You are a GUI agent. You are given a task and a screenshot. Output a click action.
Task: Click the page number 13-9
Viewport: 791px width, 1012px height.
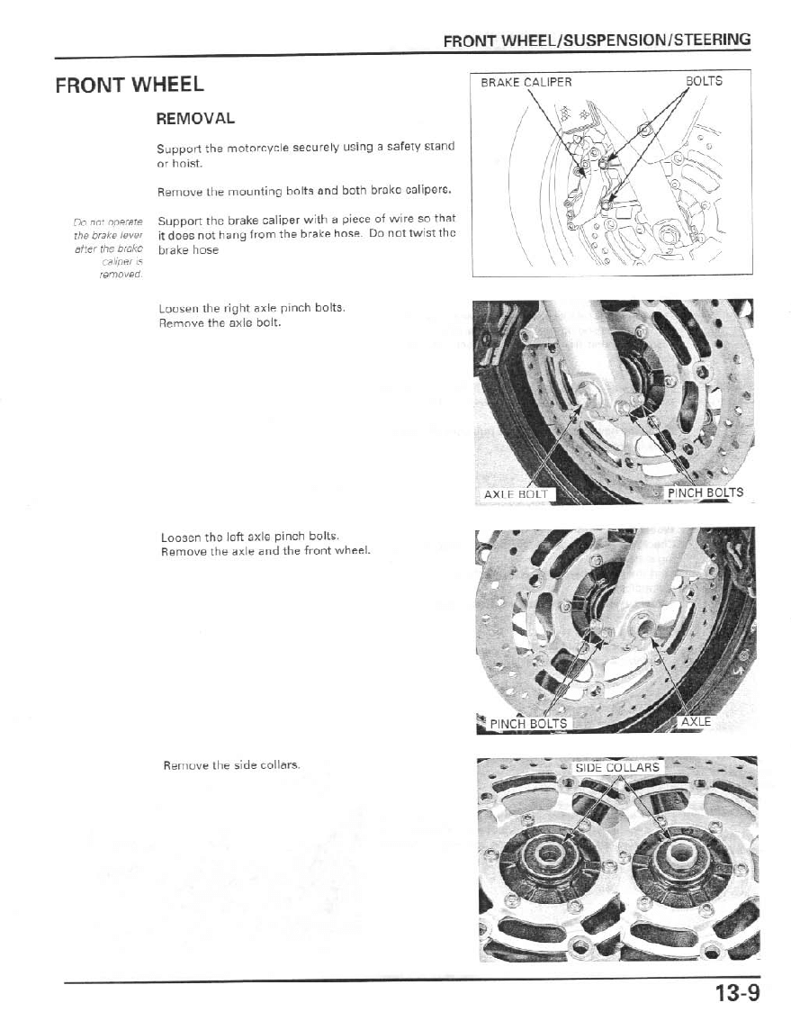coord(737,993)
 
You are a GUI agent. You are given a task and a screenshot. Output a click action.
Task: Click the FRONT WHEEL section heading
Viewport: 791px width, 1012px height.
coord(130,86)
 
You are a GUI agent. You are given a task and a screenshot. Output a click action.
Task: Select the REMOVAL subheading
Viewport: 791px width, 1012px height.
coord(195,119)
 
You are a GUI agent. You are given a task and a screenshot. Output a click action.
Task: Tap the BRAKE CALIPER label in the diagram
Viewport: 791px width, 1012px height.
coord(526,81)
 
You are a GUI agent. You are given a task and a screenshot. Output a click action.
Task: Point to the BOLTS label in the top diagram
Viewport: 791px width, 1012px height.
coord(704,80)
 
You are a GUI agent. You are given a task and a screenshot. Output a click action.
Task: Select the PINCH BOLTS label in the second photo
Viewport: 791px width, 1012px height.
coord(705,492)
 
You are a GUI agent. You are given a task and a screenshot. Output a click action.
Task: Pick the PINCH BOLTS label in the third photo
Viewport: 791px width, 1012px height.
coord(528,723)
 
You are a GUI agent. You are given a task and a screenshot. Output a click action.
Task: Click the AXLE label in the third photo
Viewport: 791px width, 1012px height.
coord(696,721)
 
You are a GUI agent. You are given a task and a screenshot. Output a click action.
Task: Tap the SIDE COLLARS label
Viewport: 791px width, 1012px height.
coord(617,768)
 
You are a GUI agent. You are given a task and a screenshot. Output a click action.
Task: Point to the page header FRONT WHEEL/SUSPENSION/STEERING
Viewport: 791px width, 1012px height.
coord(597,40)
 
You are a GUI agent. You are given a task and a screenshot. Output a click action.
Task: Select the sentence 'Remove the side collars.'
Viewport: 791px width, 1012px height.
coord(231,765)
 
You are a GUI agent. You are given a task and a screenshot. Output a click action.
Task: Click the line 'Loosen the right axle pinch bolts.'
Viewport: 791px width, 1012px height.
coord(251,307)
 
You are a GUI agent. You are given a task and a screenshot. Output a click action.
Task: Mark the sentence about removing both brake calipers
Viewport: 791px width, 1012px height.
coord(303,192)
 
